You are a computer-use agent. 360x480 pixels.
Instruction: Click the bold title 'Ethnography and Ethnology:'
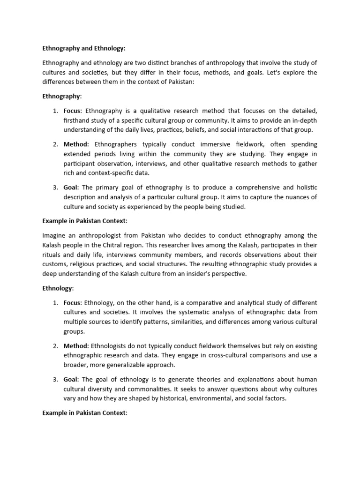click(x=84, y=48)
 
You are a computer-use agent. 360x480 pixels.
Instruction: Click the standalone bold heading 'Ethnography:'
click(x=62, y=97)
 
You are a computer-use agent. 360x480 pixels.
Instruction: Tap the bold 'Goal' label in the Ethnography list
click(x=71, y=187)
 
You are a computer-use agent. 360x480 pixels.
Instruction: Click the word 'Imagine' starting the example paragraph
click(x=54, y=235)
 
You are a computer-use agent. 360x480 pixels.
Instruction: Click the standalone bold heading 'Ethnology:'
click(x=58, y=288)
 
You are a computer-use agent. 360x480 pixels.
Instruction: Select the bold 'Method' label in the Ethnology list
click(x=75, y=346)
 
